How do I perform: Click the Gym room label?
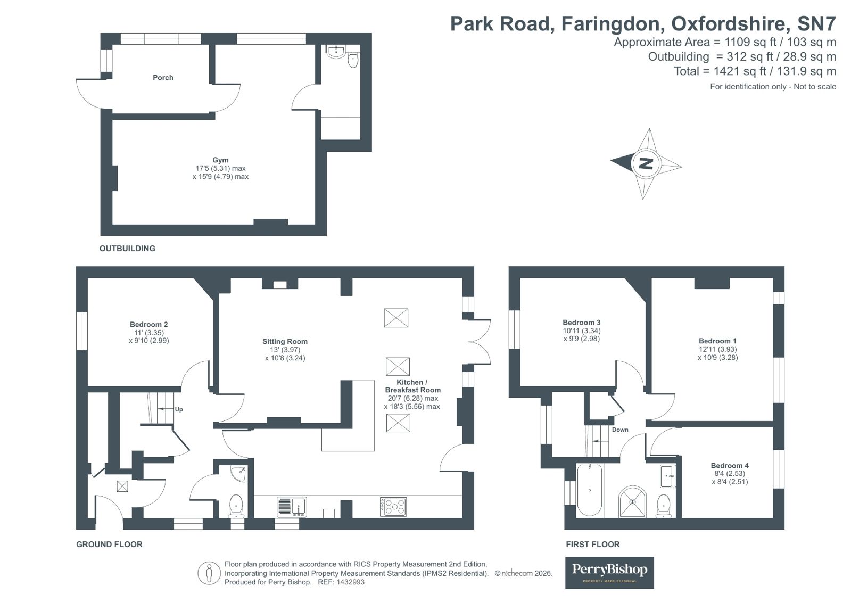pyautogui.click(x=220, y=160)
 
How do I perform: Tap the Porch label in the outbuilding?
pyautogui.click(x=163, y=78)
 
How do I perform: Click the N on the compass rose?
pyautogui.click(x=646, y=163)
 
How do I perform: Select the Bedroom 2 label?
pyautogui.click(x=148, y=324)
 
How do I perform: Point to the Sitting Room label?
pyautogui.click(x=285, y=341)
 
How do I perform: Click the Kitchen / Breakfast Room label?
pyautogui.click(x=412, y=386)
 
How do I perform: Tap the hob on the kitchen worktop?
pyautogui.click(x=393, y=506)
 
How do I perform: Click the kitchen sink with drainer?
pyautogui.click(x=292, y=506)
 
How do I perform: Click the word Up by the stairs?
pyautogui.click(x=179, y=409)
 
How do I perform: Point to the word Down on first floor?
pyautogui.click(x=620, y=430)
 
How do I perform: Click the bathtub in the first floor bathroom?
pyautogui.click(x=590, y=490)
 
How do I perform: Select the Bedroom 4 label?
pyautogui.click(x=730, y=465)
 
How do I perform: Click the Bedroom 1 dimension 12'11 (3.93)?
pyautogui.click(x=717, y=349)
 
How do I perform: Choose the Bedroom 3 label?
pyautogui.click(x=582, y=323)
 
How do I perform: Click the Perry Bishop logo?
pyautogui.click(x=609, y=572)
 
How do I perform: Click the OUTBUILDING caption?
pyautogui.click(x=127, y=249)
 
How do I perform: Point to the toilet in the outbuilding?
pyautogui.click(x=353, y=61)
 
